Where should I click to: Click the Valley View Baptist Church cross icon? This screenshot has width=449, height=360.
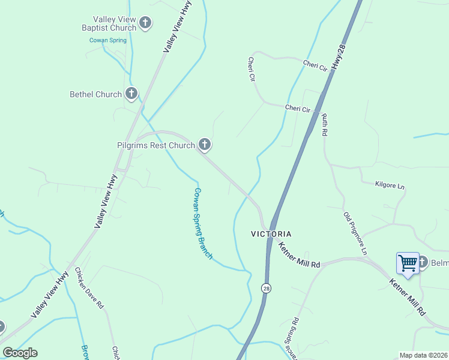[x=145, y=23]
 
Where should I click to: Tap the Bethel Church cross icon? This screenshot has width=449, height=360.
[x=131, y=94]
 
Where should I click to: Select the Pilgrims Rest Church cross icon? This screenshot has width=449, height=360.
[x=205, y=145]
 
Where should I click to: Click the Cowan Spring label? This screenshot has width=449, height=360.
[x=108, y=40]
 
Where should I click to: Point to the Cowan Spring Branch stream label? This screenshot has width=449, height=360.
[x=203, y=223]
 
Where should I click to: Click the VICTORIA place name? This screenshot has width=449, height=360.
[x=271, y=233]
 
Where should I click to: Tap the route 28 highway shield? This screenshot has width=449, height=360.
[x=265, y=289]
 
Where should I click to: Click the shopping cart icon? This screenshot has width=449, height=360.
[x=408, y=263]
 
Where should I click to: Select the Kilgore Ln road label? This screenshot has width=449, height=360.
[x=390, y=185]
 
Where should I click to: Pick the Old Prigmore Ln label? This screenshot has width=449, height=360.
[x=355, y=231]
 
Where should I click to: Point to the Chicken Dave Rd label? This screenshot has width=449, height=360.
[x=89, y=289]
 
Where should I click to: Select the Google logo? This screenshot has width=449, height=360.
[x=20, y=353]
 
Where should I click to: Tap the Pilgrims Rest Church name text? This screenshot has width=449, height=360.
[x=156, y=145]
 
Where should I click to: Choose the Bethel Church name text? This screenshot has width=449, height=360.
[x=95, y=94]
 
